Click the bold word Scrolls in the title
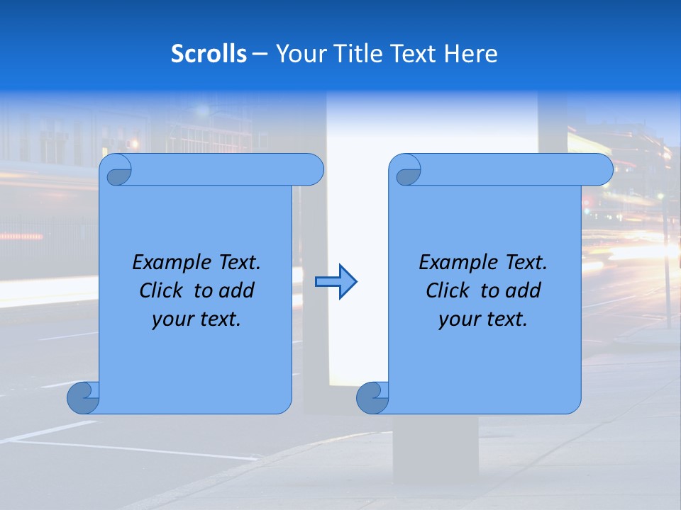tap(209, 54)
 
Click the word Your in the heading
tap(298, 54)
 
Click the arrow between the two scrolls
tap(336, 282)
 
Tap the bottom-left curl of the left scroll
tap(83, 398)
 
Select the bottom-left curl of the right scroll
tap(372, 398)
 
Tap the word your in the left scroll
tap(172, 320)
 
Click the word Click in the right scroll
tap(447, 291)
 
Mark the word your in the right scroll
tap(458, 320)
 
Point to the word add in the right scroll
tap(524, 291)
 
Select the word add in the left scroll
tap(237, 291)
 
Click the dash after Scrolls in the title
tap(260, 55)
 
